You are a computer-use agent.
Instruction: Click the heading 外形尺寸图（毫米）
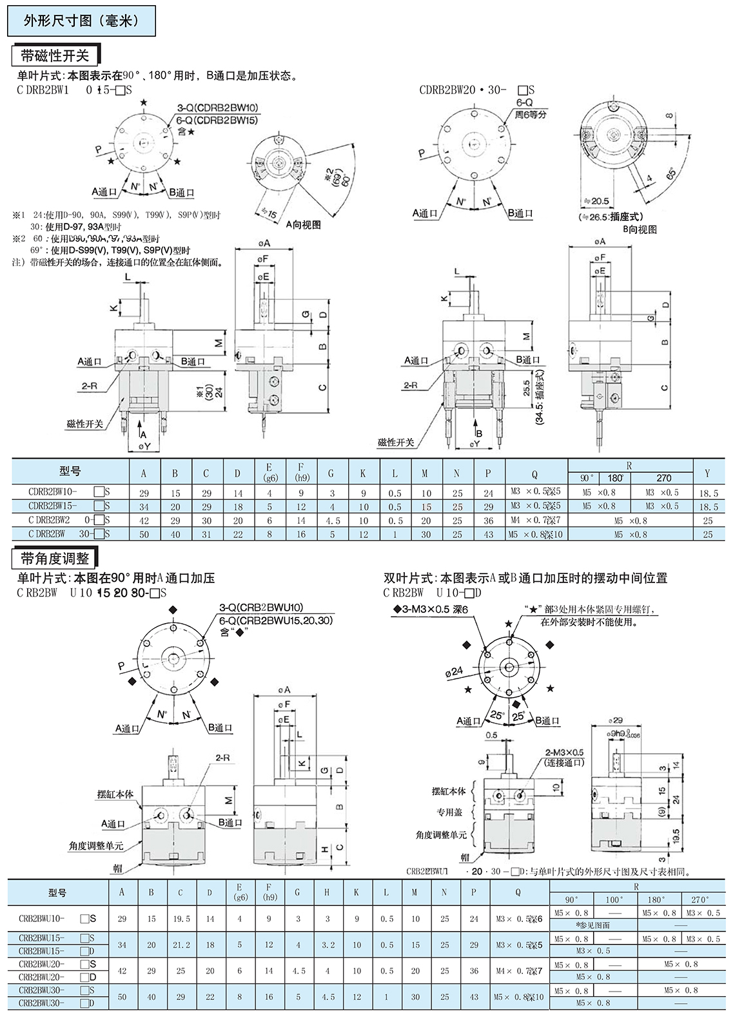(81, 21)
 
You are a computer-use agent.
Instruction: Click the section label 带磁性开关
(55, 56)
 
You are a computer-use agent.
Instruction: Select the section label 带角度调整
(55, 558)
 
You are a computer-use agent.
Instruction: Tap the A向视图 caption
(303, 225)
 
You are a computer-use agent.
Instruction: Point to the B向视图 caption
(639, 229)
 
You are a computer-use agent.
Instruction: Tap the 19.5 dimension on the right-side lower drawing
(676, 837)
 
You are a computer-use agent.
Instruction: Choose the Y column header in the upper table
(707, 474)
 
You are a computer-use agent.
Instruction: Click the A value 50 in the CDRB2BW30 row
(144, 534)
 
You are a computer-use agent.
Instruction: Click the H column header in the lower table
(328, 892)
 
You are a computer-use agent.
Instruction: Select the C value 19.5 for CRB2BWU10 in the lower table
(181, 919)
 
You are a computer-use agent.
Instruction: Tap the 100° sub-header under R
(614, 899)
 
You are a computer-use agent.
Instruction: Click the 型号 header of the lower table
(57, 892)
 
